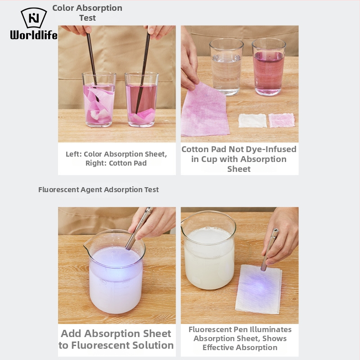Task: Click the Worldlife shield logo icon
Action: click(x=34, y=18)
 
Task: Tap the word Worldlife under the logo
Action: click(x=34, y=35)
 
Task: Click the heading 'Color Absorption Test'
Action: click(x=87, y=13)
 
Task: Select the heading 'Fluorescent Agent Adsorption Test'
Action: click(x=99, y=189)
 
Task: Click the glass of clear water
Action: click(x=226, y=67)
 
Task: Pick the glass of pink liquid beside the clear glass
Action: click(x=269, y=67)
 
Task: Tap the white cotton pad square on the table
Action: click(x=252, y=121)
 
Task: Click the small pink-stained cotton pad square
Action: click(x=282, y=120)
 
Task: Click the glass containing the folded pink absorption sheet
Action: click(x=99, y=99)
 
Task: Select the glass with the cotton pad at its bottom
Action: click(x=142, y=99)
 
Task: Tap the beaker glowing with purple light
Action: click(x=115, y=272)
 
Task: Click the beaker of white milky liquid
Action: click(x=208, y=250)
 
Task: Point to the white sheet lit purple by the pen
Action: click(x=258, y=289)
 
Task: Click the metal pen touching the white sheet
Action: click(x=270, y=250)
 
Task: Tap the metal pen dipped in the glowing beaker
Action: click(x=139, y=229)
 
